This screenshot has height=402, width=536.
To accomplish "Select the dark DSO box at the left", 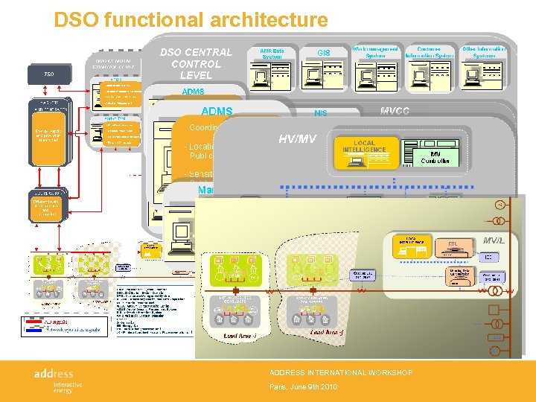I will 49,75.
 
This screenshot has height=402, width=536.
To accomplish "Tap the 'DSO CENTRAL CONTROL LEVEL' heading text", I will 196,63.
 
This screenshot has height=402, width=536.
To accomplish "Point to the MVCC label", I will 395,111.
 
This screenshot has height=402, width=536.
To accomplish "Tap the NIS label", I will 321,114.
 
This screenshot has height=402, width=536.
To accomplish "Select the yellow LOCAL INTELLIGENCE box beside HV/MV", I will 365,152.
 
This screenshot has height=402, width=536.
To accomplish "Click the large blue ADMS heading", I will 217,111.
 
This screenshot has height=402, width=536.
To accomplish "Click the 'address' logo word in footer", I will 54,372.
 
